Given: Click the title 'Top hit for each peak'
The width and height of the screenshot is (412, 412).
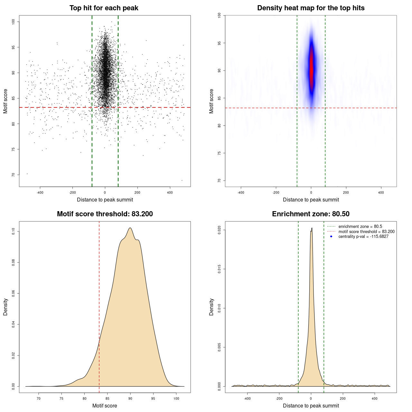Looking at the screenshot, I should click(x=104, y=8).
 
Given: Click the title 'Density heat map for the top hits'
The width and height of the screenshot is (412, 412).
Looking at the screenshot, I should click(x=311, y=8).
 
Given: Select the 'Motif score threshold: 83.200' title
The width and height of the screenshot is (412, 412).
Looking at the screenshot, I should click(x=105, y=214).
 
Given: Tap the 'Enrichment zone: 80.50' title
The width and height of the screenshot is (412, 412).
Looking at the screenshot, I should click(x=311, y=214).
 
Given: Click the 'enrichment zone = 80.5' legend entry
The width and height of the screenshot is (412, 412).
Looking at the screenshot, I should click(x=360, y=227).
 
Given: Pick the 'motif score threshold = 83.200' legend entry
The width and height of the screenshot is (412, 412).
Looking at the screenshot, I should click(x=366, y=231).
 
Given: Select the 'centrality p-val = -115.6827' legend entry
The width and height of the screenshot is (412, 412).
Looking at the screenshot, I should click(x=363, y=237).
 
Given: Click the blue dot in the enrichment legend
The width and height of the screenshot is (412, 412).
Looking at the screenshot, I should click(x=331, y=237).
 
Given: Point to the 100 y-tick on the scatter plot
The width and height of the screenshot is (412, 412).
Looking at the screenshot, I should click(x=14, y=22).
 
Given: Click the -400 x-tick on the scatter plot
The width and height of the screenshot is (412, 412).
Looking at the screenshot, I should click(x=40, y=192).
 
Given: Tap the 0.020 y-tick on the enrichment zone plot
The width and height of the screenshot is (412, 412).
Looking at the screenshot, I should click(x=220, y=230).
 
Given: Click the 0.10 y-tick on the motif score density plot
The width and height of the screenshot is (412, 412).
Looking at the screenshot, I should click(x=14, y=231).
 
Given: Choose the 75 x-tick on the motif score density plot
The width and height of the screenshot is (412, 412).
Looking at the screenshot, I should click(x=61, y=398).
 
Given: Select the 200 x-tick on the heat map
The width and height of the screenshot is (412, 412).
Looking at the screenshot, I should click(x=346, y=192).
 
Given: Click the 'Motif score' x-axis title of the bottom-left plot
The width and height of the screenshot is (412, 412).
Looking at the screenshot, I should click(x=105, y=406).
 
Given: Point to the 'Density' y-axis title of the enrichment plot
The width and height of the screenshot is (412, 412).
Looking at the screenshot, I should click(x=211, y=307).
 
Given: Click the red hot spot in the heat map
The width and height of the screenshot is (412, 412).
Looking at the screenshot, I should click(x=311, y=71).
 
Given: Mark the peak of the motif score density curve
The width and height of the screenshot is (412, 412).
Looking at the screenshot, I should click(x=130, y=228).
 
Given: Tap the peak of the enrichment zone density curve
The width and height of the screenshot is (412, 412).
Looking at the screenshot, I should click(x=312, y=228).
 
